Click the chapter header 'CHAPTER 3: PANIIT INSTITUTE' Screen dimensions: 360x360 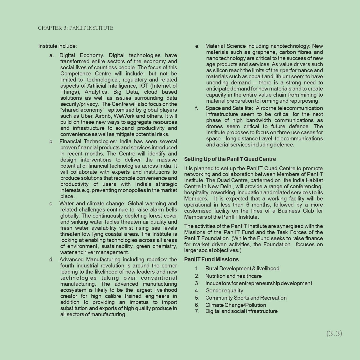(x=75, y=28)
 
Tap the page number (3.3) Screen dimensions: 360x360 (x=334, y=333)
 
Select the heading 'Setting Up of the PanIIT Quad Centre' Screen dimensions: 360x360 (x=230, y=159)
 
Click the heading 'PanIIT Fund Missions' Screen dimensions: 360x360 (x=211, y=259)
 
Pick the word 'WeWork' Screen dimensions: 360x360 (x=124, y=116)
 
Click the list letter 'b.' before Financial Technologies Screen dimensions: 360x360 (x=51, y=142)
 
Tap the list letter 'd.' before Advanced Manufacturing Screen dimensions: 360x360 (x=51, y=260)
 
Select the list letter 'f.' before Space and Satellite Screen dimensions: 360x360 (x=197, y=108)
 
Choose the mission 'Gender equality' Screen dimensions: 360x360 (x=224, y=291)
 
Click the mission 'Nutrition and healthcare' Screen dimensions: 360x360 (x=233, y=276)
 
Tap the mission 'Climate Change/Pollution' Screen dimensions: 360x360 (x=236, y=305)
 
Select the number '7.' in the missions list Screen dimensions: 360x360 (x=197, y=311)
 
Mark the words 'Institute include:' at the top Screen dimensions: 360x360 (x=57, y=46)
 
